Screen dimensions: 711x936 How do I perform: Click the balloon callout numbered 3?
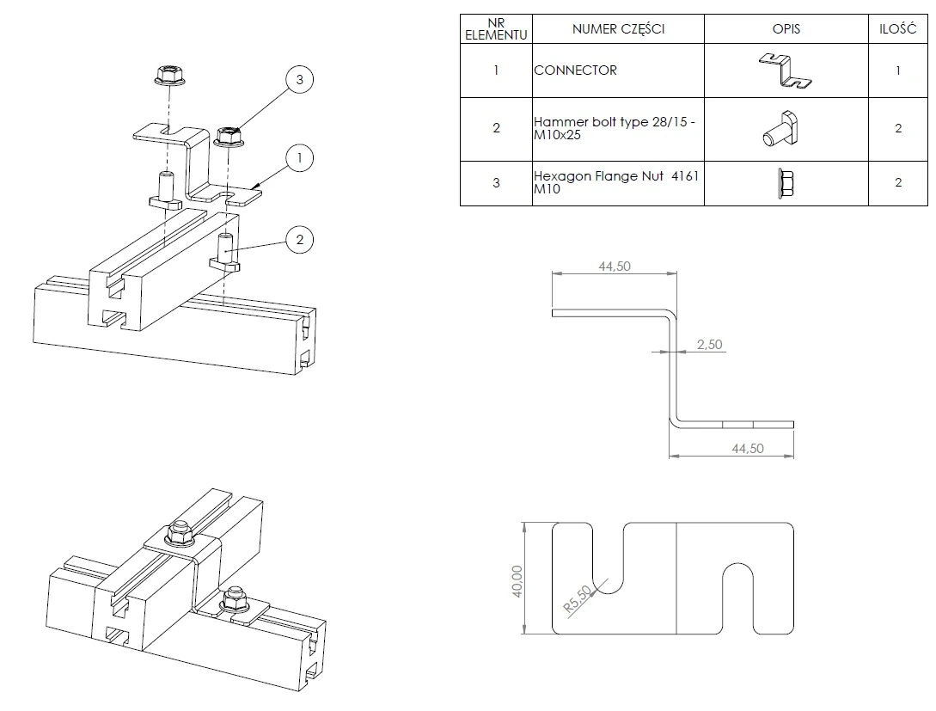(299, 80)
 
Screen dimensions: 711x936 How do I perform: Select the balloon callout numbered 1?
(299, 158)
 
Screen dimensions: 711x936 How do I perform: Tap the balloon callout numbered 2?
(299, 240)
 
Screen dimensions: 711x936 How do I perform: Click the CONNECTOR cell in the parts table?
(575, 70)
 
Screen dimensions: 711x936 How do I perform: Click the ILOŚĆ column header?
(897, 28)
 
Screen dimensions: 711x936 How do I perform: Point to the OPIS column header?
(786, 28)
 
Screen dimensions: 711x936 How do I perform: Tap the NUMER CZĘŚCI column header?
(618, 28)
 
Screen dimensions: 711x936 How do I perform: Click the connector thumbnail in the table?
(786, 70)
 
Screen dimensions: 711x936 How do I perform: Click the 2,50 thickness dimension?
(709, 345)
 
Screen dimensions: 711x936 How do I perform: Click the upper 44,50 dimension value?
(614, 267)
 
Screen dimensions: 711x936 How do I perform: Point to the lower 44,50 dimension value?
(747, 449)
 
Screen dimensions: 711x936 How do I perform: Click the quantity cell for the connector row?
(897, 70)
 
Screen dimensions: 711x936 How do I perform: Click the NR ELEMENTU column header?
(496, 28)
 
